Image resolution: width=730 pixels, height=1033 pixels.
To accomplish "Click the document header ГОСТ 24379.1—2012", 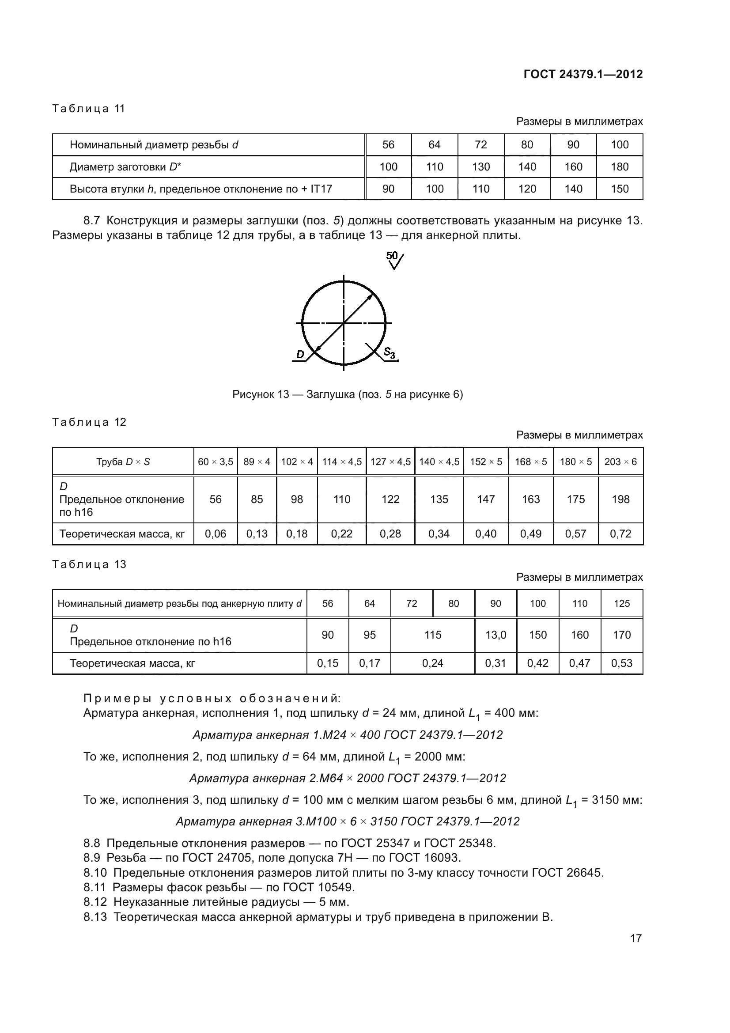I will [x=583, y=74].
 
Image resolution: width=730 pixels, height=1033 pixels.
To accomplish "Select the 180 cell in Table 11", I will [x=619, y=167].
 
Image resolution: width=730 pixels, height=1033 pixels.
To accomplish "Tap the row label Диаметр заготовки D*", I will [x=125, y=167].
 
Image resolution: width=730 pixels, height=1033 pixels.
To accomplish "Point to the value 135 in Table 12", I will [x=439, y=499].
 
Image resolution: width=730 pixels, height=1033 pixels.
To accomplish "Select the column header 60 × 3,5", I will [x=216, y=462].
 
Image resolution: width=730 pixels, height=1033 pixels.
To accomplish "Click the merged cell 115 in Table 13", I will [x=433, y=635].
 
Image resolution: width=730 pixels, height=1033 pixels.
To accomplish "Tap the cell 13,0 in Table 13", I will [x=495, y=635].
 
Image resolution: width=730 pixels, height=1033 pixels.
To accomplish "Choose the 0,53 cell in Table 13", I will [x=622, y=663].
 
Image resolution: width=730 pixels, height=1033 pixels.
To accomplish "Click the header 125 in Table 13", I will [x=622, y=603].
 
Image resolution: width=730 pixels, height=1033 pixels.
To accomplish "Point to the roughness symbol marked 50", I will [x=394, y=260].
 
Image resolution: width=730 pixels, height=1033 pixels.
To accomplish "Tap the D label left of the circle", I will [x=300, y=355].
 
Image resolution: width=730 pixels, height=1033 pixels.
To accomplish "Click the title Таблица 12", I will [x=89, y=422].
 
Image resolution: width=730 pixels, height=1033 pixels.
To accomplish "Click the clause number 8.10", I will [x=95, y=873].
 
